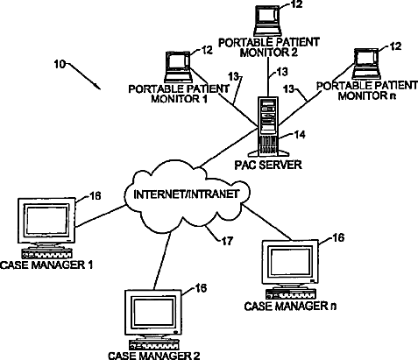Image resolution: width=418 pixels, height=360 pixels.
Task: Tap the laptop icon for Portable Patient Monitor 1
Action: point(178,67)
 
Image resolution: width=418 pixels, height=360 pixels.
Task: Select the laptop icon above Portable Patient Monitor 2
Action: point(268,20)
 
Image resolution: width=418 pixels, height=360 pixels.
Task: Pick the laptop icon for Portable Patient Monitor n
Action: point(365,64)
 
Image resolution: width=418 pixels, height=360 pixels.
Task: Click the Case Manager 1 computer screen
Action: point(46,221)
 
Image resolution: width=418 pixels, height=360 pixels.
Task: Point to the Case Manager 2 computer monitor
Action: point(153,313)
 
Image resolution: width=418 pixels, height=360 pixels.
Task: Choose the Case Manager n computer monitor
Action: point(290,263)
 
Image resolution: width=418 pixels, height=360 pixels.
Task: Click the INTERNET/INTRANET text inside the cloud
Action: point(187,194)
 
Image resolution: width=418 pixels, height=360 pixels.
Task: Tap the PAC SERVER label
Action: point(268,165)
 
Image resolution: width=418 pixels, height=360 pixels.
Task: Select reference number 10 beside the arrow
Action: point(60,64)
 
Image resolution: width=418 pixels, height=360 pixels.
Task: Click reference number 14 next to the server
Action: point(299,135)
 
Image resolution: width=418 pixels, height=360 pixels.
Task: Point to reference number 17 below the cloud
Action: point(227,241)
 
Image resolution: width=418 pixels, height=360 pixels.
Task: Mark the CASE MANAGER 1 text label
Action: point(46,265)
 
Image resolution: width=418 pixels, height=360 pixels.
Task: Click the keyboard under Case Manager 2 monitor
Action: point(154,344)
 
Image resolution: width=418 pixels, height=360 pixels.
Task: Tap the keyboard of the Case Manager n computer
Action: point(291,294)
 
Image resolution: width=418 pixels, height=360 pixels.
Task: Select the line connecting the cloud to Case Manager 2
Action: point(162,261)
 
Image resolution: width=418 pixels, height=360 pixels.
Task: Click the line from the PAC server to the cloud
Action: point(228,148)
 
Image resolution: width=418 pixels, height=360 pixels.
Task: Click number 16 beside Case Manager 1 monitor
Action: point(95,195)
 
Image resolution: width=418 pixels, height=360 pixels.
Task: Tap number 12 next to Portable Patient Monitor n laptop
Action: point(395,46)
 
